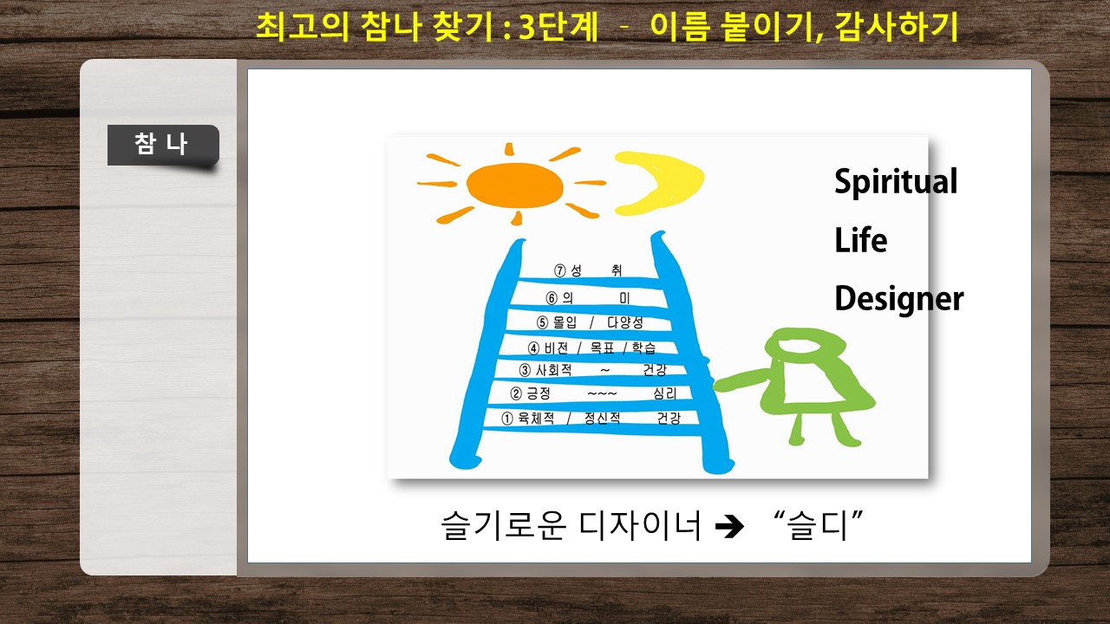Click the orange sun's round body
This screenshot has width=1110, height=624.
[x=515, y=185]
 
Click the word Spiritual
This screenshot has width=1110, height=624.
[x=896, y=182]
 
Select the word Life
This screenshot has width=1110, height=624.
[x=861, y=240]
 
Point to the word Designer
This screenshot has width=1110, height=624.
[x=899, y=299]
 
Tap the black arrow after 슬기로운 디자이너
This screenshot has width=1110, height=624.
[x=729, y=526]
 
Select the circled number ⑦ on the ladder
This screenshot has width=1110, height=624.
[x=560, y=270]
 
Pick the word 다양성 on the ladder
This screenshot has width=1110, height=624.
[x=625, y=322]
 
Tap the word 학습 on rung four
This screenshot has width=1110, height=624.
[x=643, y=348]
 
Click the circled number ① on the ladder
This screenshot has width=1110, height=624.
[x=507, y=419]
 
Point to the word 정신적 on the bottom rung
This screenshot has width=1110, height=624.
[x=602, y=418]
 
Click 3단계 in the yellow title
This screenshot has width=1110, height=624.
[x=558, y=26]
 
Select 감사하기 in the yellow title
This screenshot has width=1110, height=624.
[x=896, y=26]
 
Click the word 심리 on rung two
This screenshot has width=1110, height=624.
[x=665, y=393]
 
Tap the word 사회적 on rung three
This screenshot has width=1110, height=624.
[x=554, y=370]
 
